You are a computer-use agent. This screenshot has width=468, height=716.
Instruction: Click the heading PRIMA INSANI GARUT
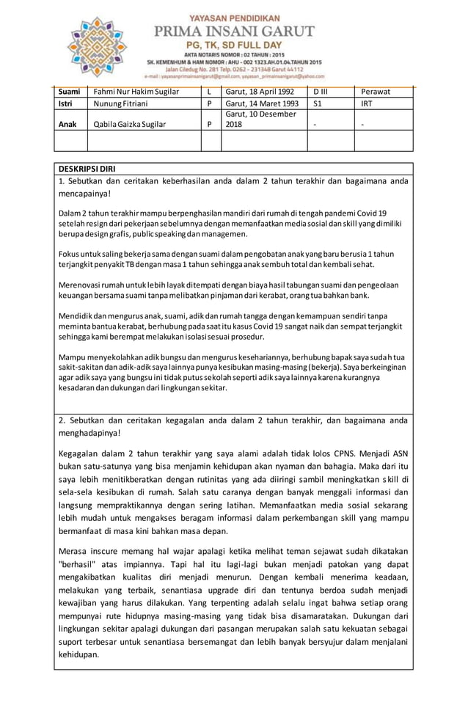[233, 31]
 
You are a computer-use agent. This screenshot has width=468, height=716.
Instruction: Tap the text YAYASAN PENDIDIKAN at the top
[233, 16]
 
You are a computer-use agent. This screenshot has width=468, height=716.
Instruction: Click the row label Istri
[67, 104]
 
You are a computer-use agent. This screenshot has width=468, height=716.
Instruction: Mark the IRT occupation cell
[368, 104]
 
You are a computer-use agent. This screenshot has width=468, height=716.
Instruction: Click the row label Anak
[67, 124]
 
